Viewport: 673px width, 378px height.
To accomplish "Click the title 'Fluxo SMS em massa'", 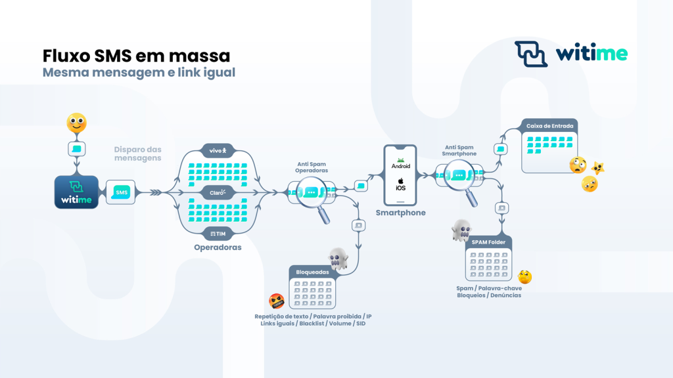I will click(x=136, y=55).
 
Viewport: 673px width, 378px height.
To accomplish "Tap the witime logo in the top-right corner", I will click(x=570, y=54).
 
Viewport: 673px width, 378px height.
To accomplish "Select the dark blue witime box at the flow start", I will click(x=76, y=192).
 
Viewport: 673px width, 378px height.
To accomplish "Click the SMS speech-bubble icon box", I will click(x=121, y=192).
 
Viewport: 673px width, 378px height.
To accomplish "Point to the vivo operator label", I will click(x=218, y=151).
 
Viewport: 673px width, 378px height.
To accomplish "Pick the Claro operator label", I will click(x=218, y=193).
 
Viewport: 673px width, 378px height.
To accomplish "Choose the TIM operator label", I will click(x=218, y=234).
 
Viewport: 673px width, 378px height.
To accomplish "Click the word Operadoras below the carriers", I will click(x=218, y=248).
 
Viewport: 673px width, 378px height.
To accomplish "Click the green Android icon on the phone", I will click(x=400, y=159).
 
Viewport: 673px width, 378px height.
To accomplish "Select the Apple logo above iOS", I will click(x=400, y=180).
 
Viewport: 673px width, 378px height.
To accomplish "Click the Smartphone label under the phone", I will click(x=400, y=213).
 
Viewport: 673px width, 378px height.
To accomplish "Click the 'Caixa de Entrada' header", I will click(x=549, y=126).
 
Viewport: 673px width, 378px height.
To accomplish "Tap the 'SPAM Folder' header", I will click(x=488, y=243).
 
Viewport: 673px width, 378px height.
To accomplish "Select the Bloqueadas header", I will click(x=312, y=272).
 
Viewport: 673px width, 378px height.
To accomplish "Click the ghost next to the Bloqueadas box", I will click(x=338, y=259).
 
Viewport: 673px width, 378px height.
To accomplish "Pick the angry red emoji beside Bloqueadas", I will click(x=277, y=301).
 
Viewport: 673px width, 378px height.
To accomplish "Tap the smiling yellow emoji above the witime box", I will click(x=76, y=123).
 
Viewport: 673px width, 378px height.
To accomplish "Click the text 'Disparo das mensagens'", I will click(x=137, y=154).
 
